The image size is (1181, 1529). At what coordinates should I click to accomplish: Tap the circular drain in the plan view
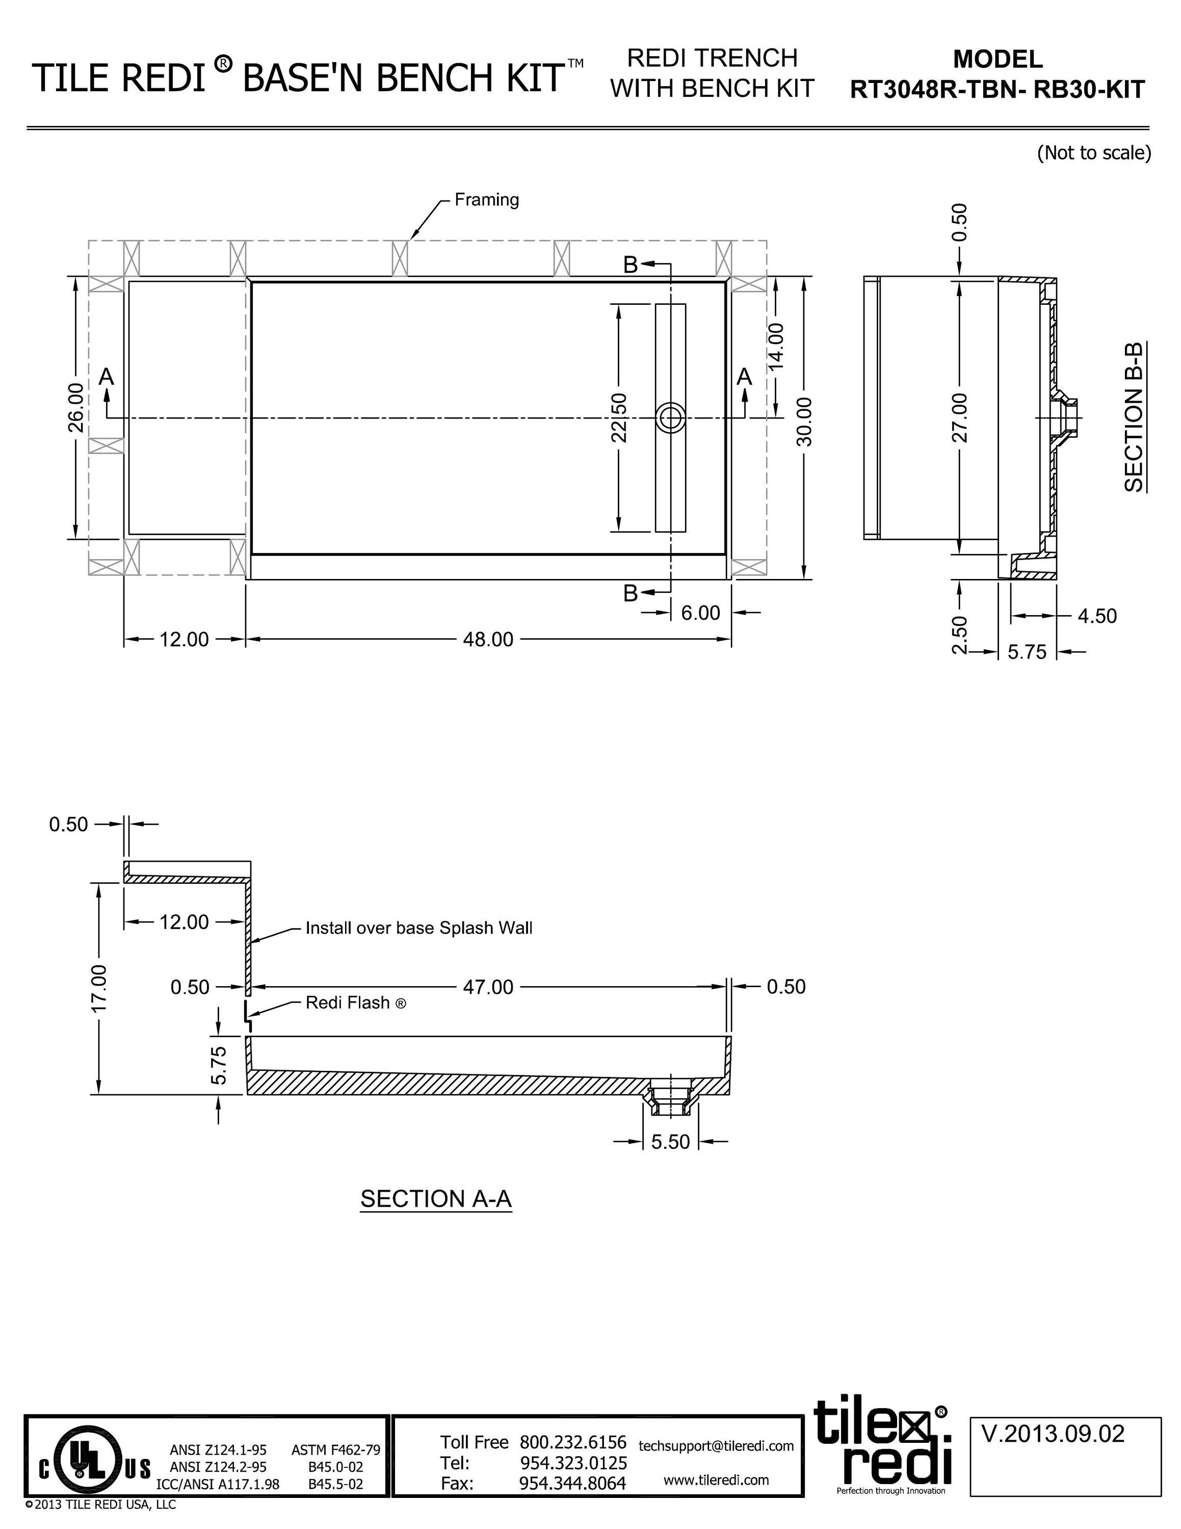coord(670,418)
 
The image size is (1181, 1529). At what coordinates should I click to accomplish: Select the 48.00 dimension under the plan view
coord(488,639)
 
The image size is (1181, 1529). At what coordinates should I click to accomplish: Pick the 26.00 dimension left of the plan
coord(76,408)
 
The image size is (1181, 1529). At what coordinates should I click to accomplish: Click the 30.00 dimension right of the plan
coord(804,421)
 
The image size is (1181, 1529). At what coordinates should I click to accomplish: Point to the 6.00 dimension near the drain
coord(700,613)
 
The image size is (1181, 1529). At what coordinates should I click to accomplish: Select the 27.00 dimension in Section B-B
coord(960,418)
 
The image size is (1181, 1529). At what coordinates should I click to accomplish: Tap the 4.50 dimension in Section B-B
coord(1097,616)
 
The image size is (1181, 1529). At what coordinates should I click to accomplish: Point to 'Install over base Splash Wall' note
coord(418,928)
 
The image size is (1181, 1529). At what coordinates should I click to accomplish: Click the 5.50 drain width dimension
coord(670,1141)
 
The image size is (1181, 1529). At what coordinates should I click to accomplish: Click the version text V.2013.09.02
coord(1053,1434)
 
